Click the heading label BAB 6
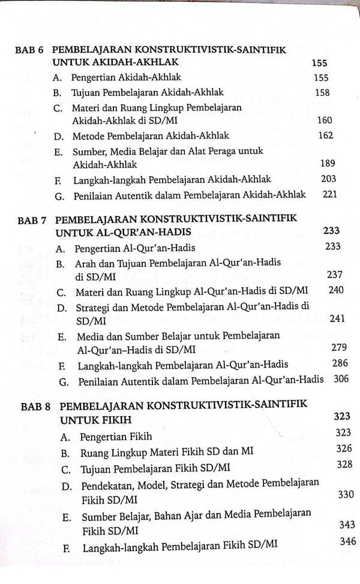pos(29,51)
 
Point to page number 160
pos(323,120)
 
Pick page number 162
pos(325,135)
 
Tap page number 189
pos(328,163)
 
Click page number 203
pos(328,178)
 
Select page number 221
pos(329,194)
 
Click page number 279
pos(338,348)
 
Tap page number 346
pos(347,541)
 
